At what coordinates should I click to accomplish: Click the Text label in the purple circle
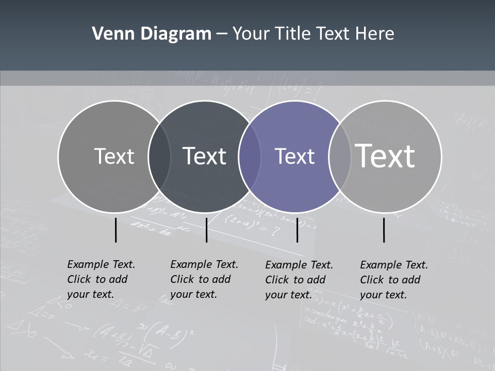295,156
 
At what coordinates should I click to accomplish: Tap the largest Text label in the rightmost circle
385,156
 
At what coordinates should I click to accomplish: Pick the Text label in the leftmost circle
114,156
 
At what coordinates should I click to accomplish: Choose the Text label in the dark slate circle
204,156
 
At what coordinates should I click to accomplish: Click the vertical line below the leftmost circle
115,230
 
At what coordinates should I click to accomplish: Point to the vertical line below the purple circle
297,230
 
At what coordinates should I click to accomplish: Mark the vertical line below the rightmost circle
384,230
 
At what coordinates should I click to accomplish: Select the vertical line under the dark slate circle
206,230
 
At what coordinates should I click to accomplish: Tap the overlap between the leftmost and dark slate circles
159,156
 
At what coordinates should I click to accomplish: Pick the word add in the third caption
316,280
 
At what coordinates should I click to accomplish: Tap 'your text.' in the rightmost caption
383,295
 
